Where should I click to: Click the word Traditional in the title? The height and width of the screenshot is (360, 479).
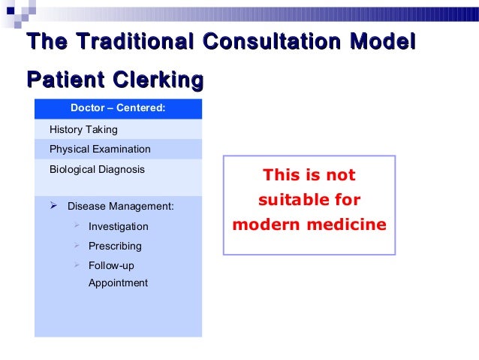(x=125, y=43)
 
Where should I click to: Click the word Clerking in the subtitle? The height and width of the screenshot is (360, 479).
(x=158, y=80)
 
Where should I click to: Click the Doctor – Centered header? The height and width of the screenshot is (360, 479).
(x=118, y=109)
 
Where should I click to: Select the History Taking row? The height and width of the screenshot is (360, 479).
(x=83, y=130)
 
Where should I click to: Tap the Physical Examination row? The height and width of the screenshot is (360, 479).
(x=100, y=149)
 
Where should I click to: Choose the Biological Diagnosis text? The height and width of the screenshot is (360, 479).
(x=97, y=169)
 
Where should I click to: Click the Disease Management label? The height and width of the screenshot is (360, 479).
(x=120, y=205)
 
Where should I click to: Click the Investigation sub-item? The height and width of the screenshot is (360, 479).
(x=119, y=226)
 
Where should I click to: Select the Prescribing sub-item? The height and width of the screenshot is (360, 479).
(x=115, y=246)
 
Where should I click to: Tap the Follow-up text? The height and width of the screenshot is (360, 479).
(x=111, y=265)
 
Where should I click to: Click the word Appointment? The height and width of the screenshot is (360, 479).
(x=118, y=283)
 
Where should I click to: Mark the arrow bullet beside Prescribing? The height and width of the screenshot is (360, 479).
(x=77, y=245)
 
